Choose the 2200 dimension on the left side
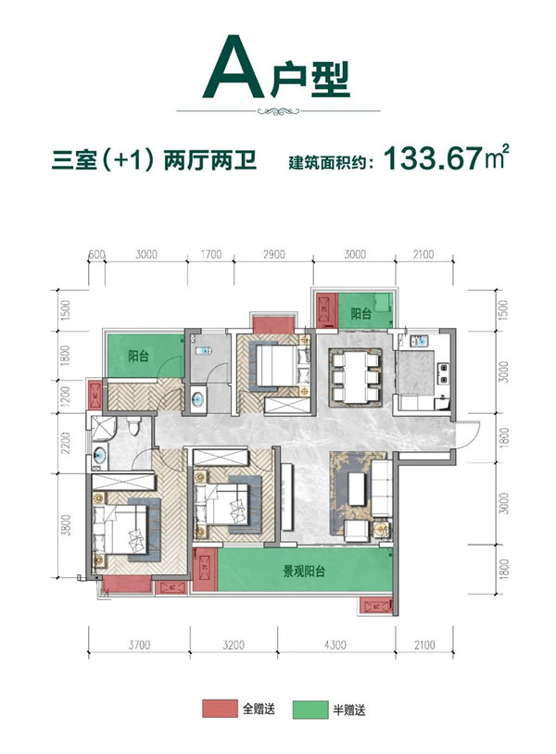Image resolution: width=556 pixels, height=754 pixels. point(64,449)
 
